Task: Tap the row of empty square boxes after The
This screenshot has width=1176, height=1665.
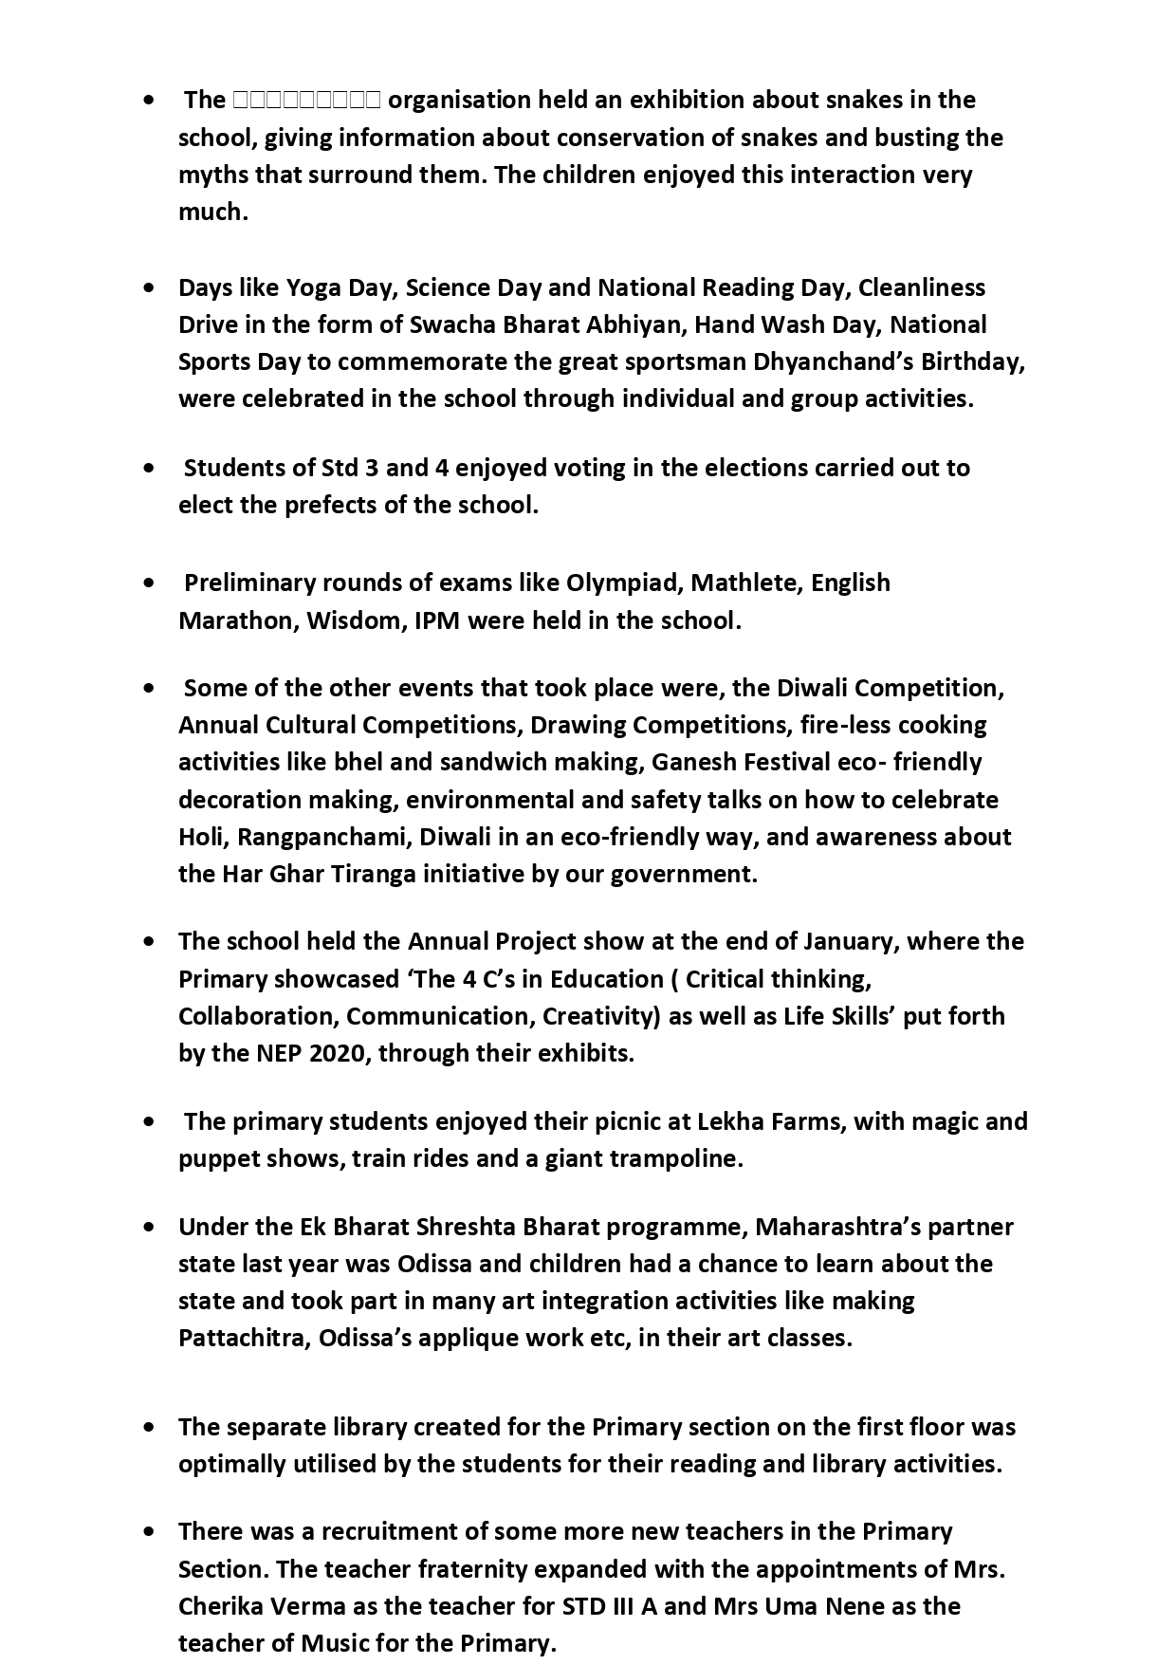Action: click(x=306, y=100)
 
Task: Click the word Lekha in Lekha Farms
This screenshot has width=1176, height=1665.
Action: click(x=729, y=1121)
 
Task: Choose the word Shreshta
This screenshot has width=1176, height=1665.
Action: click(x=460, y=1227)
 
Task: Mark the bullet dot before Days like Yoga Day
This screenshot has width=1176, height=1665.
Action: click(x=150, y=287)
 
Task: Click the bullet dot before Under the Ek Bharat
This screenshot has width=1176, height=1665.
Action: click(x=150, y=1227)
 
